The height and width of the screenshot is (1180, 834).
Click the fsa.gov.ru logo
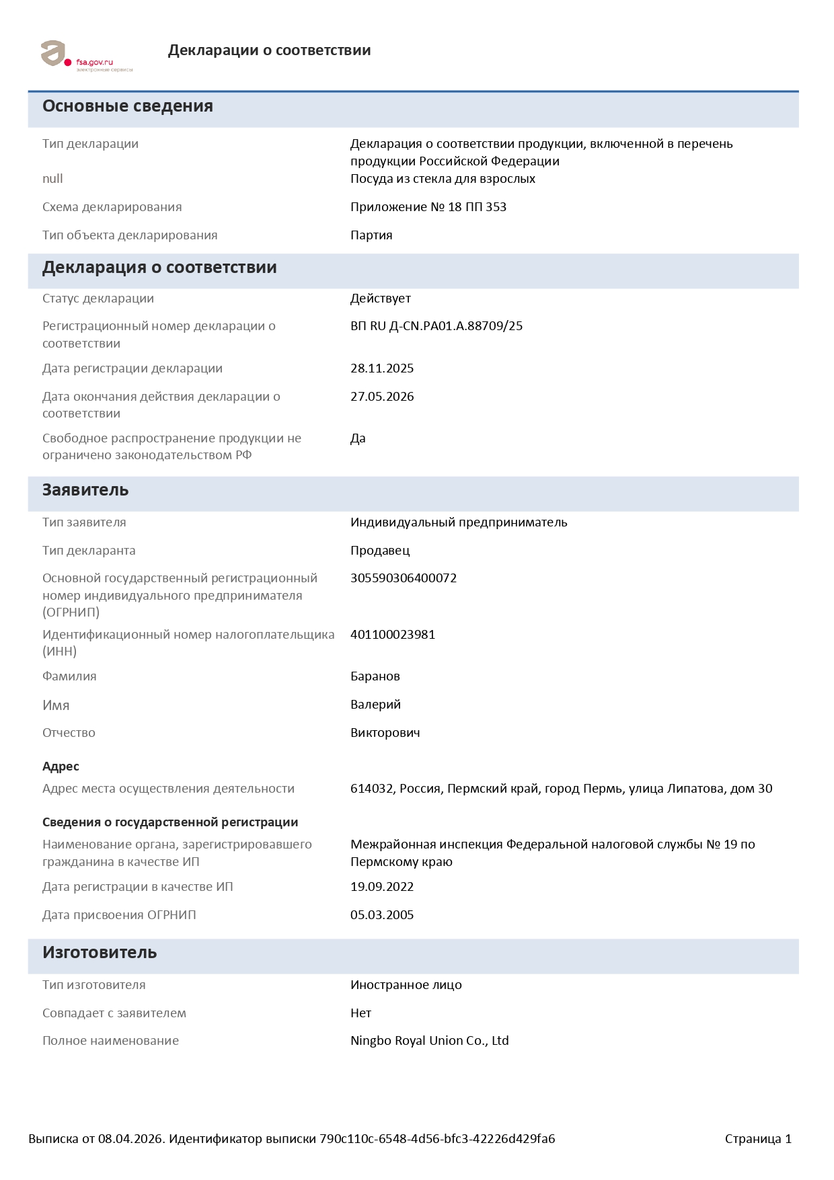86,56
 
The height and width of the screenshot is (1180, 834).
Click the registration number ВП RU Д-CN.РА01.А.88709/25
436,326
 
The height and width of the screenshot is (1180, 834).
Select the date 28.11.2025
382,368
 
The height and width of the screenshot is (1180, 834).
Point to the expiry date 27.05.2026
382,397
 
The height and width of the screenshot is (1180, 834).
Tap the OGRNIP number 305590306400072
404,578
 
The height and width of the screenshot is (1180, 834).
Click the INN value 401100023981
393,635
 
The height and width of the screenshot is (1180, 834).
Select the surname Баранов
375,676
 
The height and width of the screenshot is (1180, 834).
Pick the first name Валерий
375,705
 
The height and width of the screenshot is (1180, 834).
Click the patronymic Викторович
385,733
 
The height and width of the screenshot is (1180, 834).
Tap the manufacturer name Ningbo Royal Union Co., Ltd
429,1041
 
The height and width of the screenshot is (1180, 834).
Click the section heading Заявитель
85,490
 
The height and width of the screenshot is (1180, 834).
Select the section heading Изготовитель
100,953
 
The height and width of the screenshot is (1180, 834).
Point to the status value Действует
381,299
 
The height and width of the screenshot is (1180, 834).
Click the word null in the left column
52,179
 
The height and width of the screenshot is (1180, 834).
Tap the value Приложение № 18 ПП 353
428,207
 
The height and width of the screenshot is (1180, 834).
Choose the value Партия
371,235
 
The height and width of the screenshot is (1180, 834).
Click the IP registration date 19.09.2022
382,887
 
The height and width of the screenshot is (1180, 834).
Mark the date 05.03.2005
382,915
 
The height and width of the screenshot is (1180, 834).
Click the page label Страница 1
758,1139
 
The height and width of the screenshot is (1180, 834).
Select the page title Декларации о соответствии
269,50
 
